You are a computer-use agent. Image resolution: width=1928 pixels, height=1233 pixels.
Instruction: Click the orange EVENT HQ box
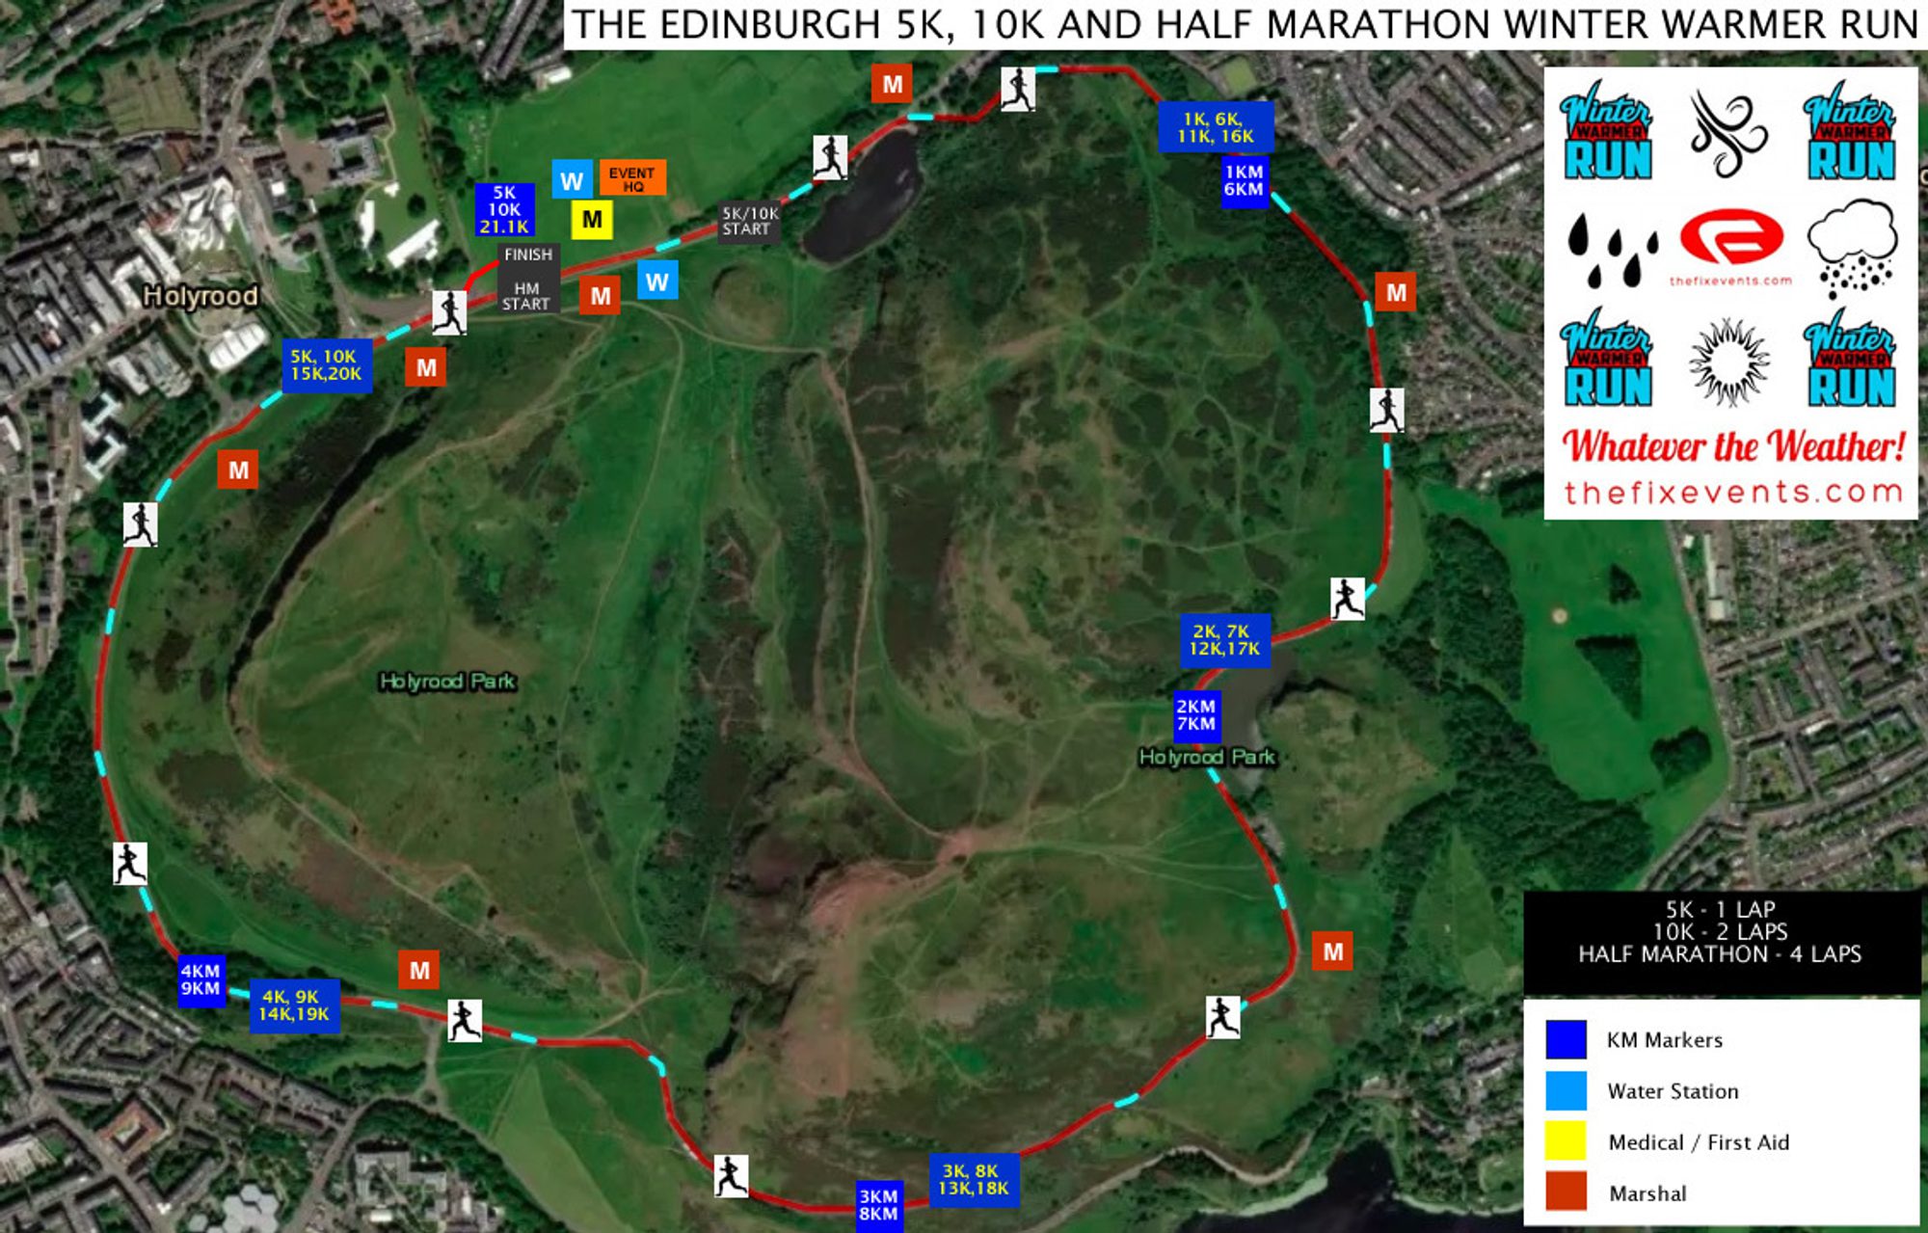(632, 178)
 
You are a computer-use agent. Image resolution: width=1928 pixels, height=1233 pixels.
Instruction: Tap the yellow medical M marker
(592, 220)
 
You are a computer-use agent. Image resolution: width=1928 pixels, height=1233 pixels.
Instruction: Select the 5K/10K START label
(748, 221)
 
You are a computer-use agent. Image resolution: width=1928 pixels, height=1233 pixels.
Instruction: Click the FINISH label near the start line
(528, 255)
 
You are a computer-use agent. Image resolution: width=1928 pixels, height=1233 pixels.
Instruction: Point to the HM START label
(526, 296)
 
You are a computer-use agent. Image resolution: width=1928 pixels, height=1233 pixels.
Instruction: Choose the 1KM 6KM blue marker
(1244, 181)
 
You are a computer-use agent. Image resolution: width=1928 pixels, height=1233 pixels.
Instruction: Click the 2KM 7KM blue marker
(1196, 715)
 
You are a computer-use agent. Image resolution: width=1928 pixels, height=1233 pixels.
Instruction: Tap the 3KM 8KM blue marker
(878, 1205)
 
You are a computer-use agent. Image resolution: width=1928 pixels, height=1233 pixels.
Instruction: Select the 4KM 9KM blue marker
(201, 979)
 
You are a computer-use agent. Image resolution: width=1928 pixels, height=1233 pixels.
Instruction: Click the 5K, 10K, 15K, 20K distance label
(327, 365)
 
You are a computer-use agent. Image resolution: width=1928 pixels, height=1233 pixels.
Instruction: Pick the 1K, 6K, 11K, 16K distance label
(1216, 127)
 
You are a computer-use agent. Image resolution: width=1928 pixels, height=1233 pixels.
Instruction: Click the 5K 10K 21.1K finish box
(504, 210)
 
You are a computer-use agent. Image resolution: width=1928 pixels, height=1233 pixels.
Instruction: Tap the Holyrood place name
(201, 296)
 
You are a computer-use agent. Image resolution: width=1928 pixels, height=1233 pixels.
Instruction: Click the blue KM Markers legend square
(1566, 1039)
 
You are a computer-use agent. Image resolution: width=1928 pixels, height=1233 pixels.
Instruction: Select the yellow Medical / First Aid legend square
(1566, 1141)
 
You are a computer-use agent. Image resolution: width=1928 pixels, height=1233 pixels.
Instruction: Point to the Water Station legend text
(1673, 1091)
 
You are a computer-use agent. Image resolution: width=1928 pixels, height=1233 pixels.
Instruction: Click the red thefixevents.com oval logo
(1731, 237)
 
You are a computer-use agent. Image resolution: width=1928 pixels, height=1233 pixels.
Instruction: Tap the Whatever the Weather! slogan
(1733, 446)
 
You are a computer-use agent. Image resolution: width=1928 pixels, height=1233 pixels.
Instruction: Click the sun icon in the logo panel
(1729, 362)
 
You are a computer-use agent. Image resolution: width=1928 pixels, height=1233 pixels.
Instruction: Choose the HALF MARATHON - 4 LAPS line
(1720, 954)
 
